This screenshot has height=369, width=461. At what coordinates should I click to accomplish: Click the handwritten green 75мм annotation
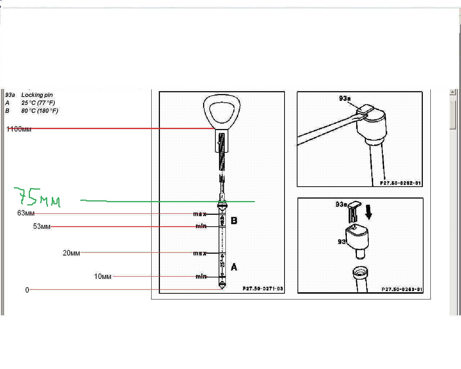[37, 197]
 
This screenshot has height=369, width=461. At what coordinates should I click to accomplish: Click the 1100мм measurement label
[19, 129]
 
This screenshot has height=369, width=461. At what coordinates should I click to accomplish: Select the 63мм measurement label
[26, 213]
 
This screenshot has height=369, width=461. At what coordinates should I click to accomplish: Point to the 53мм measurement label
[42, 226]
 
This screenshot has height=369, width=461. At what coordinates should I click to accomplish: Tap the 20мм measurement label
[71, 253]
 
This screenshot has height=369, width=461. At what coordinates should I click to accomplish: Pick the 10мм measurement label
[103, 276]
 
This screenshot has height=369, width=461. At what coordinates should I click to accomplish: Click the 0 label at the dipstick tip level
[27, 290]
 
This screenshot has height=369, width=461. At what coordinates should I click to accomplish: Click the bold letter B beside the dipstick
[234, 221]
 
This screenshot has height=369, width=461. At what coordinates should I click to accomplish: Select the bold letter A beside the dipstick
[234, 267]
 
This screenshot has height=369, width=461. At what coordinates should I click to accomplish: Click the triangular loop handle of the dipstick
[221, 110]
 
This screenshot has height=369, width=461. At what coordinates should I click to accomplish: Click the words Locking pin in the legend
[37, 95]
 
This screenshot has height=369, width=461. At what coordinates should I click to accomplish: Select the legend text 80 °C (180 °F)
[40, 111]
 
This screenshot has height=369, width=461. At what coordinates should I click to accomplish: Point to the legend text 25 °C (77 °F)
[38, 103]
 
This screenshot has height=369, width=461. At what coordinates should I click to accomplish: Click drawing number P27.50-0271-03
[263, 289]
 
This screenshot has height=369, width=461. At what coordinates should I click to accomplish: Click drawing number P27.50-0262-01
[400, 183]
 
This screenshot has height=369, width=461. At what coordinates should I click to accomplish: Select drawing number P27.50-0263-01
[402, 289]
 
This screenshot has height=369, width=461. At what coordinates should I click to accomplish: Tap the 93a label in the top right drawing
[345, 98]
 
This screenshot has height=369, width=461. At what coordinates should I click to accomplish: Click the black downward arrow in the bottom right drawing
[368, 212]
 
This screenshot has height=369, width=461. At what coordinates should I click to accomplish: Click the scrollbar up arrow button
[453, 93]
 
